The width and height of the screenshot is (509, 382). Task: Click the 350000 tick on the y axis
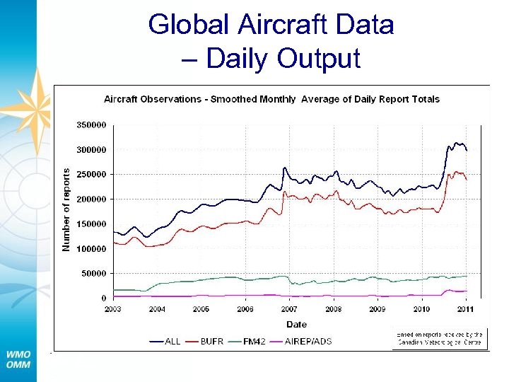point(91,125)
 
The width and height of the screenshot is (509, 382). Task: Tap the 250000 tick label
point(91,174)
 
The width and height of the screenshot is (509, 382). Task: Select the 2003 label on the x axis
point(113,309)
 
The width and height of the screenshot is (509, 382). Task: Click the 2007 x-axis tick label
point(289,309)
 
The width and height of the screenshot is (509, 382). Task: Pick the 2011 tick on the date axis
point(465,309)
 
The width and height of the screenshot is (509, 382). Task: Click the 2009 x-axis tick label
point(377,309)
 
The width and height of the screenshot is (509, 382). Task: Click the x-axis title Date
point(296,324)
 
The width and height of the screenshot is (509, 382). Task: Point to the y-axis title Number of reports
point(66,209)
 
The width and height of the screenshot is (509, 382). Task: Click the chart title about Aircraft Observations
point(271,99)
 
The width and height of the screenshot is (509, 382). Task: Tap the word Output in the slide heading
point(320,58)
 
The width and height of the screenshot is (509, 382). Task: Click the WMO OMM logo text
point(18,359)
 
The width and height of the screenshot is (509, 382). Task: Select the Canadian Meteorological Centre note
point(438,338)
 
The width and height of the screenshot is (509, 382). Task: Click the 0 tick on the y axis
point(103,298)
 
